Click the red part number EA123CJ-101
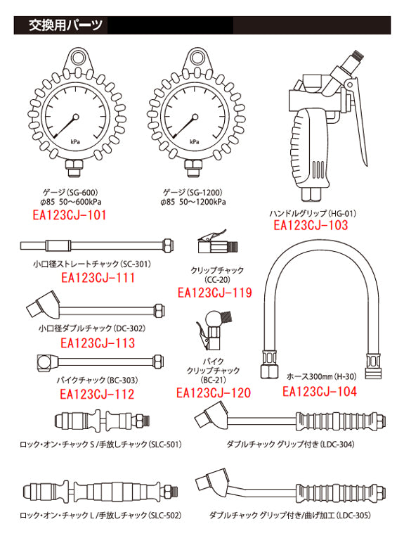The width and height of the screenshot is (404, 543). click(x=69, y=215)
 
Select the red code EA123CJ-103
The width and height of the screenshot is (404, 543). click(x=311, y=225)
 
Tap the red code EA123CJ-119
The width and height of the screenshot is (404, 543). click(x=214, y=293)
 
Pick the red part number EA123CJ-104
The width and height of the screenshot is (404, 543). click(x=319, y=392)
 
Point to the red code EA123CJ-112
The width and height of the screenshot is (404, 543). click(x=97, y=394)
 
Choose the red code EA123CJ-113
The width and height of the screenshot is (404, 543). click(x=98, y=343)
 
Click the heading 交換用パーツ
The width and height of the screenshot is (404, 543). click(x=65, y=25)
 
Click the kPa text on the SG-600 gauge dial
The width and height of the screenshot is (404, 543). click(x=75, y=142)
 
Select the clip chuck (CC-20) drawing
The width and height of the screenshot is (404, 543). click(x=218, y=242)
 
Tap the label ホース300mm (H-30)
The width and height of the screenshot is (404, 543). click(x=321, y=376)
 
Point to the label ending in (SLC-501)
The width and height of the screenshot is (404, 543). click(x=100, y=445)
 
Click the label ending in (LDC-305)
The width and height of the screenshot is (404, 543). click(x=290, y=516)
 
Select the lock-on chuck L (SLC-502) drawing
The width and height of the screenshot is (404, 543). click(x=100, y=491)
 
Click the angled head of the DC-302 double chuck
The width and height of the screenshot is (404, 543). click(x=44, y=305)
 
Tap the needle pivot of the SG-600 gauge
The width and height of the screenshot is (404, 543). click(x=76, y=117)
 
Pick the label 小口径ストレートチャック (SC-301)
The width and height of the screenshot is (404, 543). click(x=92, y=264)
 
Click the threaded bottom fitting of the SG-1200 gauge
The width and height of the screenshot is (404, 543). click(x=195, y=168)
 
